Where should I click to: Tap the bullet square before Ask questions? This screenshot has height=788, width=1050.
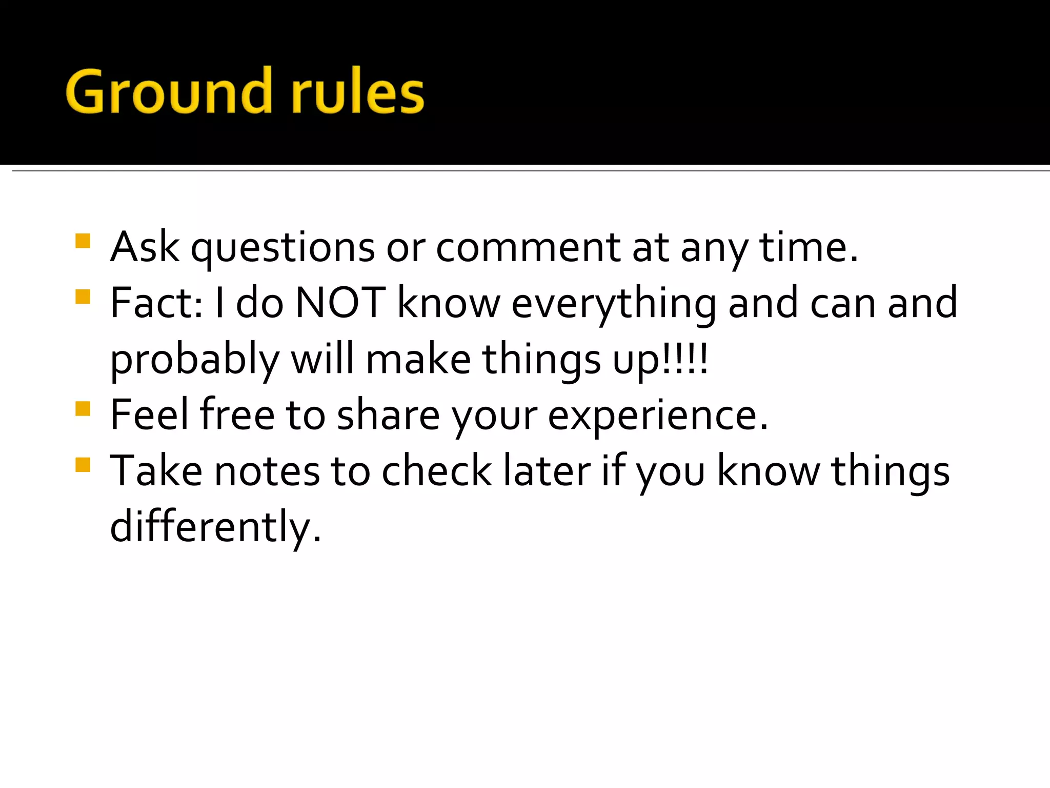click(x=83, y=241)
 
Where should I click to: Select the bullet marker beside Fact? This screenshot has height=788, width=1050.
click(x=83, y=297)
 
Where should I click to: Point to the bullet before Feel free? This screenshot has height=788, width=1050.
click(x=83, y=409)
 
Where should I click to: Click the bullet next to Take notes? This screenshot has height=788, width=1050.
click(x=83, y=465)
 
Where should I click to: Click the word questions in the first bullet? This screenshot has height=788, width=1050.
click(x=282, y=249)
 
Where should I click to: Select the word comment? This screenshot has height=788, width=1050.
click(x=529, y=249)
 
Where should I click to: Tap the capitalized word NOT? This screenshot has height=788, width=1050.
click(x=340, y=303)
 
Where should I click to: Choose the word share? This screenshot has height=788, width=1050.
click(x=388, y=415)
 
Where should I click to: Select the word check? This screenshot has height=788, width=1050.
click(x=436, y=471)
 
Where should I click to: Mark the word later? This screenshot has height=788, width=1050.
click(x=547, y=471)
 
